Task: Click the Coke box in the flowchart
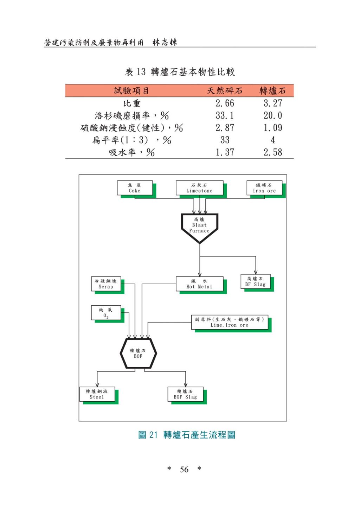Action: (x=135, y=188)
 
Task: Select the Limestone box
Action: (x=199, y=188)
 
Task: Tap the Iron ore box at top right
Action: (x=264, y=188)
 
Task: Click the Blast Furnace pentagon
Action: (x=199, y=226)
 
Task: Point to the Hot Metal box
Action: (x=199, y=284)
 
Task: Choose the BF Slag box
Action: (x=256, y=282)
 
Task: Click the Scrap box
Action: (x=106, y=284)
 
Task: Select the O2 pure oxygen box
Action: (x=106, y=313)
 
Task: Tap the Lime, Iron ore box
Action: (x=230, y=322)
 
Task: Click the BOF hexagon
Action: (x=138, y=353)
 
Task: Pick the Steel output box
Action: (x=97, y=394)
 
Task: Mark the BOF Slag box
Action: (x=185, y=394)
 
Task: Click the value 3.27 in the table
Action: (x=273, y=103)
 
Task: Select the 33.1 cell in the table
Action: (x=225, y=116)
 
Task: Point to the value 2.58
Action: (x=273, y=152)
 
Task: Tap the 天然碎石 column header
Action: (x=225, y=91)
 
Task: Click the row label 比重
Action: (x=132, y=103)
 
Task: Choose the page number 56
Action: (x=184, y=470)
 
